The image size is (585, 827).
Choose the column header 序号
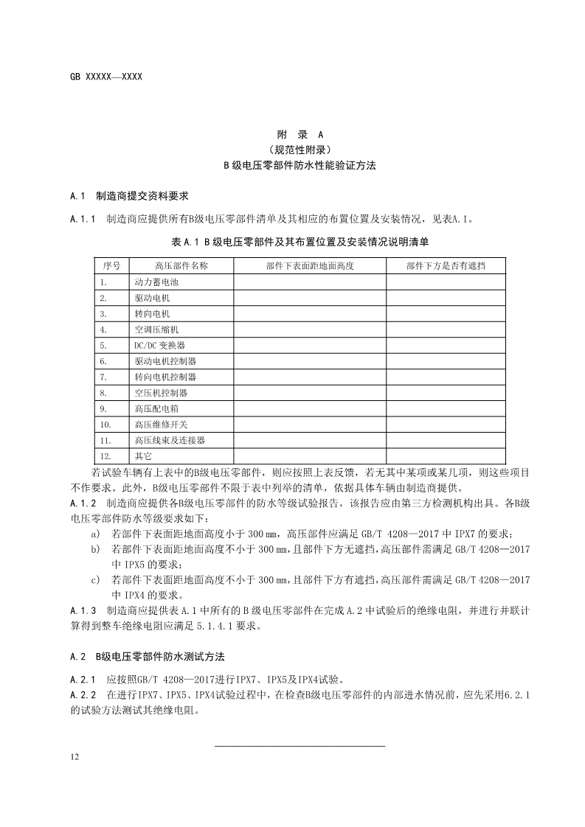tap(111, 265)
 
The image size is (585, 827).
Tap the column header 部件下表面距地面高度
tap(310, 265)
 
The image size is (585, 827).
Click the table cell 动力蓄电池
tap(156, 282)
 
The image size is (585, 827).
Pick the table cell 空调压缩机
tap(156, 329)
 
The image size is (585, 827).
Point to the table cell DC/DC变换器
tap(159, 345)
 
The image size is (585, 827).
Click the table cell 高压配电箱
tap(156, 408)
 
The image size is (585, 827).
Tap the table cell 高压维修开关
tap(161, 425)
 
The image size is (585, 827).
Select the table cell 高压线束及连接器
tap(170, 440)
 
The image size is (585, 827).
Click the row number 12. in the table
tap(105, 456)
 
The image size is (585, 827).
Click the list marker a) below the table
tap(95, 534)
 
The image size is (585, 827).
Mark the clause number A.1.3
tap(83, 611)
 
